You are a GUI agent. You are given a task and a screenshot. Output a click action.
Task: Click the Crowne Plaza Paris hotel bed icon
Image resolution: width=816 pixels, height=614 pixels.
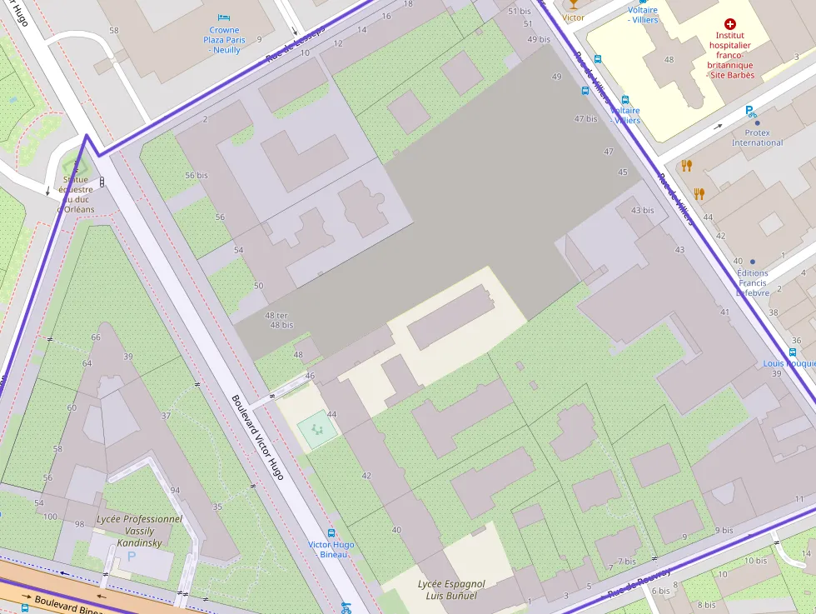pos(223,17)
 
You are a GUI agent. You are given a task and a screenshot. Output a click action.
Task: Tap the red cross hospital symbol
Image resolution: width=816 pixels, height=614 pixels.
pos(730,25)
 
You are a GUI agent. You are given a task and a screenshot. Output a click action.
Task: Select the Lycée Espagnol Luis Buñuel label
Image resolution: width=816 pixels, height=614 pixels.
pos(451,590)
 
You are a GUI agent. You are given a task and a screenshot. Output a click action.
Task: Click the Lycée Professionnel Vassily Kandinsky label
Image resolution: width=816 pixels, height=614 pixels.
pos(139,531)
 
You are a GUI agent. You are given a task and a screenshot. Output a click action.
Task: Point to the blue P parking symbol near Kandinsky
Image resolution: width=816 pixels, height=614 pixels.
pos(131,555)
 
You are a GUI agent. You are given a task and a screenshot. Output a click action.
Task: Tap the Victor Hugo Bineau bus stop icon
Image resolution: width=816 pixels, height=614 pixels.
pos(331,533)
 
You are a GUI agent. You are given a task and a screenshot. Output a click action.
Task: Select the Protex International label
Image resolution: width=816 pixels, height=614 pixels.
pos(757,137)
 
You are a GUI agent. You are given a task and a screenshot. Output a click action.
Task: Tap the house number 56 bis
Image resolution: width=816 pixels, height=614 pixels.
pos(197,176)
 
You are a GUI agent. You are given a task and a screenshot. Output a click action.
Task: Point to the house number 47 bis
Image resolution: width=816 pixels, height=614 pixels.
pos(586,118)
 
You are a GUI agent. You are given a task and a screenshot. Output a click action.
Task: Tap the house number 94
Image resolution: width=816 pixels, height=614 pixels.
pos(175,490)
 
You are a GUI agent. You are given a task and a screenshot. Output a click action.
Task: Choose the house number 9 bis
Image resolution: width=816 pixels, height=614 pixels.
pos(724,530)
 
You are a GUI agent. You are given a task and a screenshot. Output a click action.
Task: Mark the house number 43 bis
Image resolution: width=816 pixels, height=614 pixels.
pos(642,210)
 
